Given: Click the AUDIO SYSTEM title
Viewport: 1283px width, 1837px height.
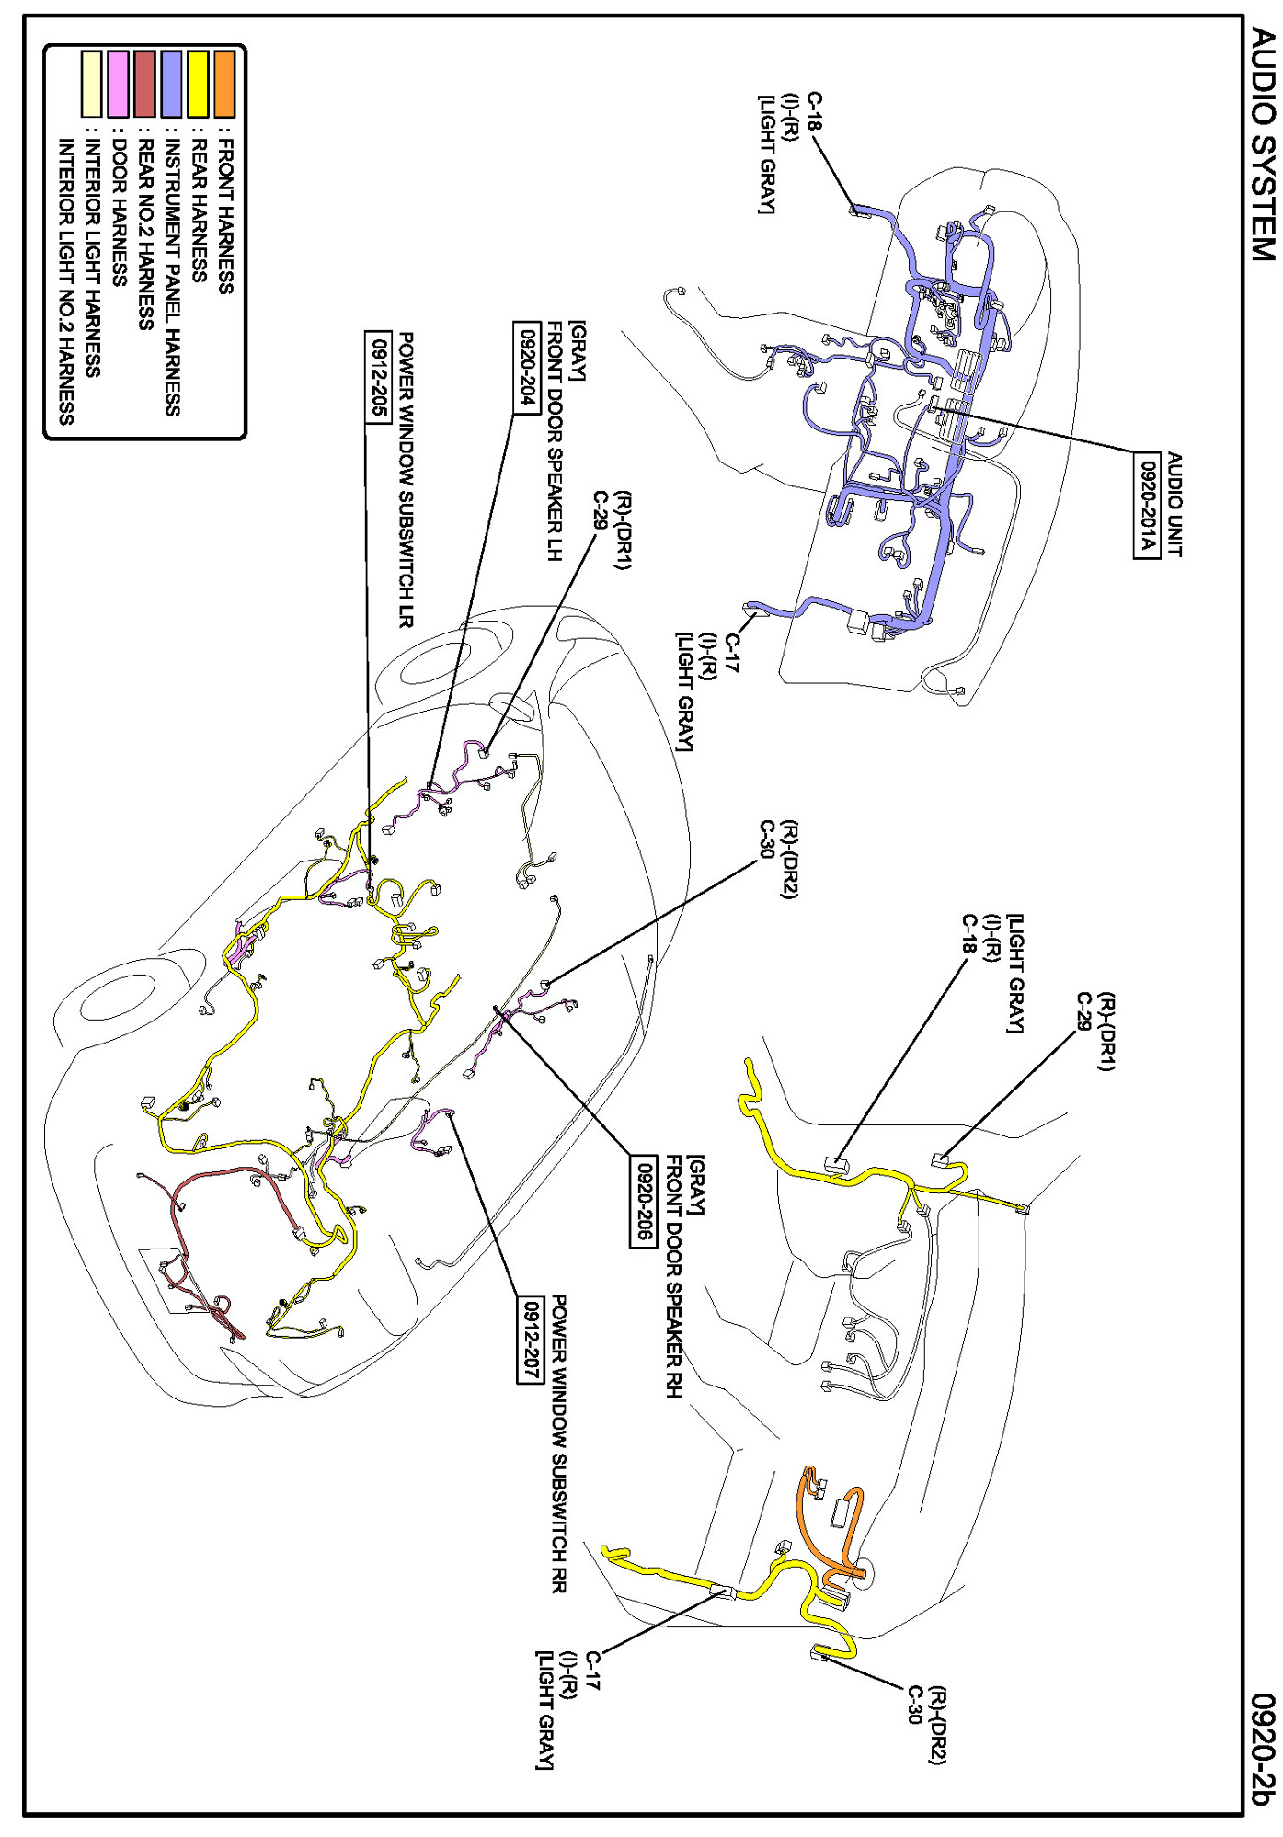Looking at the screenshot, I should tap(1263, 144).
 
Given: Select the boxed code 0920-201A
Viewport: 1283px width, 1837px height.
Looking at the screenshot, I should tap(1146, 505).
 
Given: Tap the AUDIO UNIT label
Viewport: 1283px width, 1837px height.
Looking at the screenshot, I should tap(1174, 504).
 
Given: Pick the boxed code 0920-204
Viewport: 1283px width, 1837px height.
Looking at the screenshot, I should tap(527, 367).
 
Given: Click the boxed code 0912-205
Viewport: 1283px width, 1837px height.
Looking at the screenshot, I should tap(377, 376).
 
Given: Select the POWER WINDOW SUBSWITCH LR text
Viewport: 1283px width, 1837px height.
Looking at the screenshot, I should tap(405, 480).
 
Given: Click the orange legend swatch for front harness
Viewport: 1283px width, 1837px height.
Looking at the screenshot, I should tap(224, 84).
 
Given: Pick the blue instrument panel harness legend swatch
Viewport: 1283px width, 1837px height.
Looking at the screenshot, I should tap(172, 84).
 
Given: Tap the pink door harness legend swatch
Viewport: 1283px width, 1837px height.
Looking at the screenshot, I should tap(118, 84).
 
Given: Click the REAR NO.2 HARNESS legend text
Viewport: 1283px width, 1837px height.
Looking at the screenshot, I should tap(144, 234).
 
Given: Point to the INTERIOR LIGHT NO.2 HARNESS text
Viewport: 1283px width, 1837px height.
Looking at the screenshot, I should tap(65, 281).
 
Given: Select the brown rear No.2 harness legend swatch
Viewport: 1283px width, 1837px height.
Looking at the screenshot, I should tap(144, 84).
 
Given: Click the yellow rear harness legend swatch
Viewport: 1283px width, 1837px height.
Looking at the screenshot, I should tap(198, 84).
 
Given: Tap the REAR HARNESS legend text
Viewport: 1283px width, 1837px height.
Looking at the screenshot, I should tap(198, 209).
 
